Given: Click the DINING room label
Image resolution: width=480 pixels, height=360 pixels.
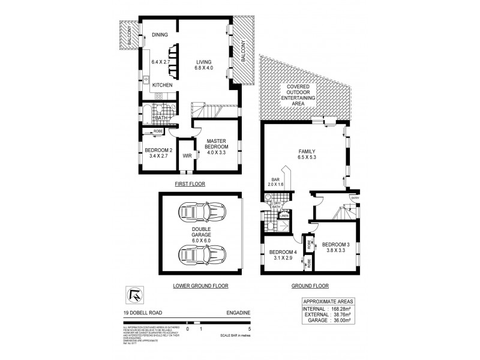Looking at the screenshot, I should pyautogui.click(x=160, y=35).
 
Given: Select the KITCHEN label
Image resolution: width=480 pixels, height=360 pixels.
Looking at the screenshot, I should pyautogui.click(x=161, y=85).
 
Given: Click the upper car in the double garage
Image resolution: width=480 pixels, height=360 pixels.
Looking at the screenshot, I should pyautogui.click(x=200, y=215).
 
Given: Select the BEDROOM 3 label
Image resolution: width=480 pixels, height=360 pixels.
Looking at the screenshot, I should pyautogui.click(x=335, y=248).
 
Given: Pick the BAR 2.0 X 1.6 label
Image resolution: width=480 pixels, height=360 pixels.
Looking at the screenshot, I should pyautogui.click(x=275, y=182).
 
